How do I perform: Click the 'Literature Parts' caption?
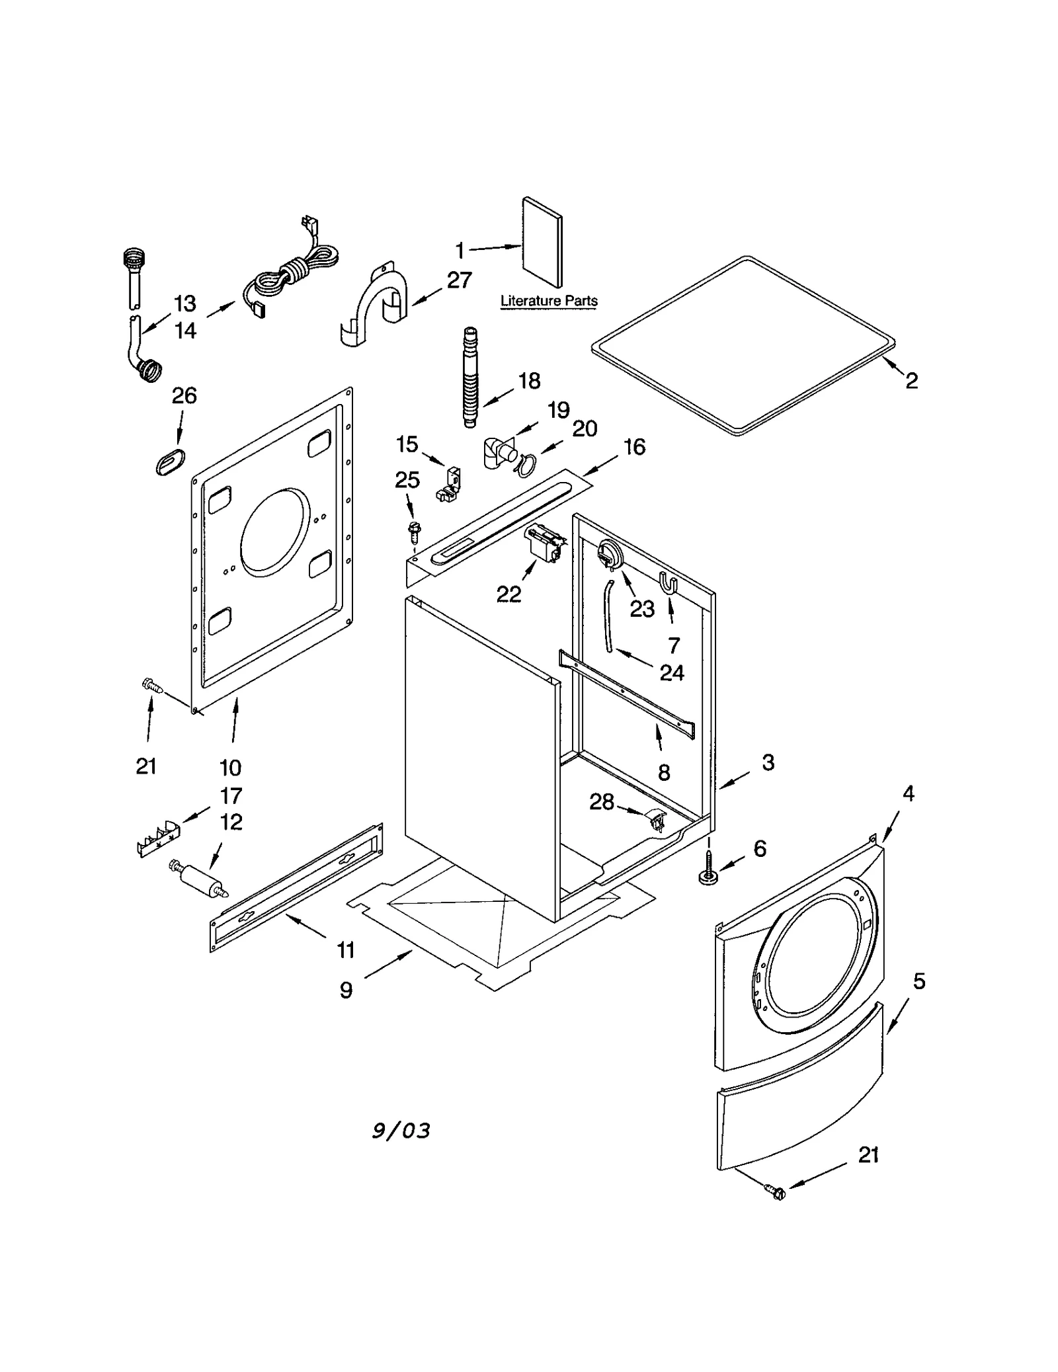pyautogui.click(x=548, y=301)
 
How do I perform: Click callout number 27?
pyautogui.click(x=459, y=280)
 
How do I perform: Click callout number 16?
pyautogui.click(x=634, y=447)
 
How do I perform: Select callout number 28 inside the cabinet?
pyautogui.click(x=601, y=802)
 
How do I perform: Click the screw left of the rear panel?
pyautogui.click(x=151, y=687)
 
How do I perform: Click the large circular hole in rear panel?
pyautogui.click(x=274, y=531)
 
